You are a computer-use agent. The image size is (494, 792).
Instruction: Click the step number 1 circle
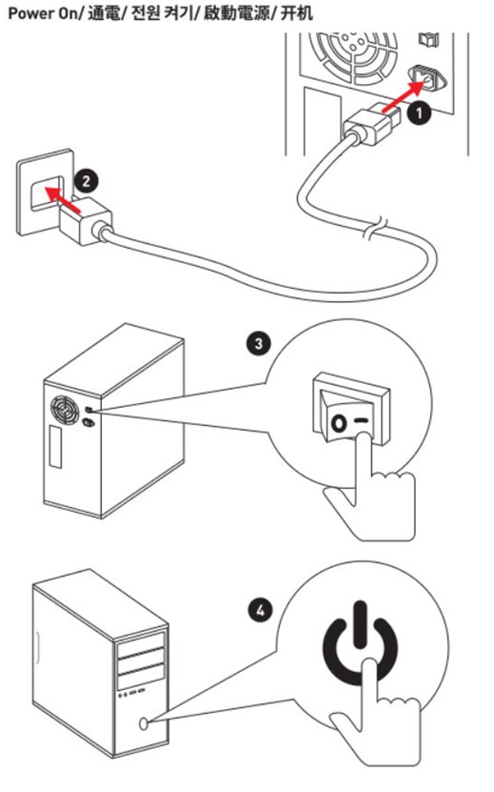point(419,112)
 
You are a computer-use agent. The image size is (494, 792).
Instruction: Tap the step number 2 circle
point(87,181)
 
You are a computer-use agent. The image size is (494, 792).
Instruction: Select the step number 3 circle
point(258,343)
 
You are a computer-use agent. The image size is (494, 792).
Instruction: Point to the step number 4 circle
point(261,611)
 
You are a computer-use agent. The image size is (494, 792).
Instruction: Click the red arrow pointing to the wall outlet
point(62,199)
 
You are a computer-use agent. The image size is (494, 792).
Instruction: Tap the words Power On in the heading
point(42,12)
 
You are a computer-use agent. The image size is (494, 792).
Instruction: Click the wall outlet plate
point(45,192)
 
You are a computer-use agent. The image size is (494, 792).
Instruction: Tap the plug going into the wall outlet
point(87,222)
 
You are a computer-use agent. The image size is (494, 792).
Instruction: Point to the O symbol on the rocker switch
point(339,423)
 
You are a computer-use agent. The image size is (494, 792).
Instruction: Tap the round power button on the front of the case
point(144,723)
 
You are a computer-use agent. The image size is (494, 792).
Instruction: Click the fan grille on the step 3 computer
point(64,409)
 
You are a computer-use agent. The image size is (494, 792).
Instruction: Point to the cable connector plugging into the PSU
point(372,124)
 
